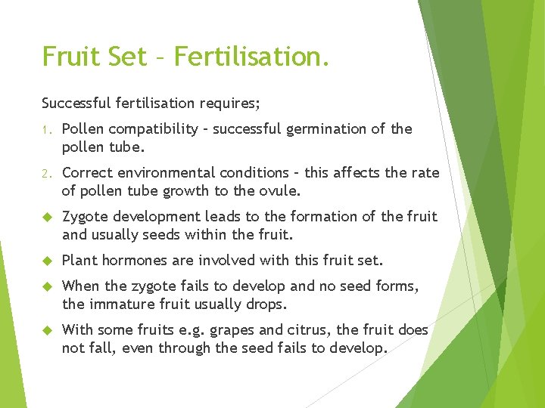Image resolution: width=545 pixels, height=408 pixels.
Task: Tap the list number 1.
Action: pos(45,129)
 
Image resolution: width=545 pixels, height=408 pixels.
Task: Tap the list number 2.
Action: pos(45,173)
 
